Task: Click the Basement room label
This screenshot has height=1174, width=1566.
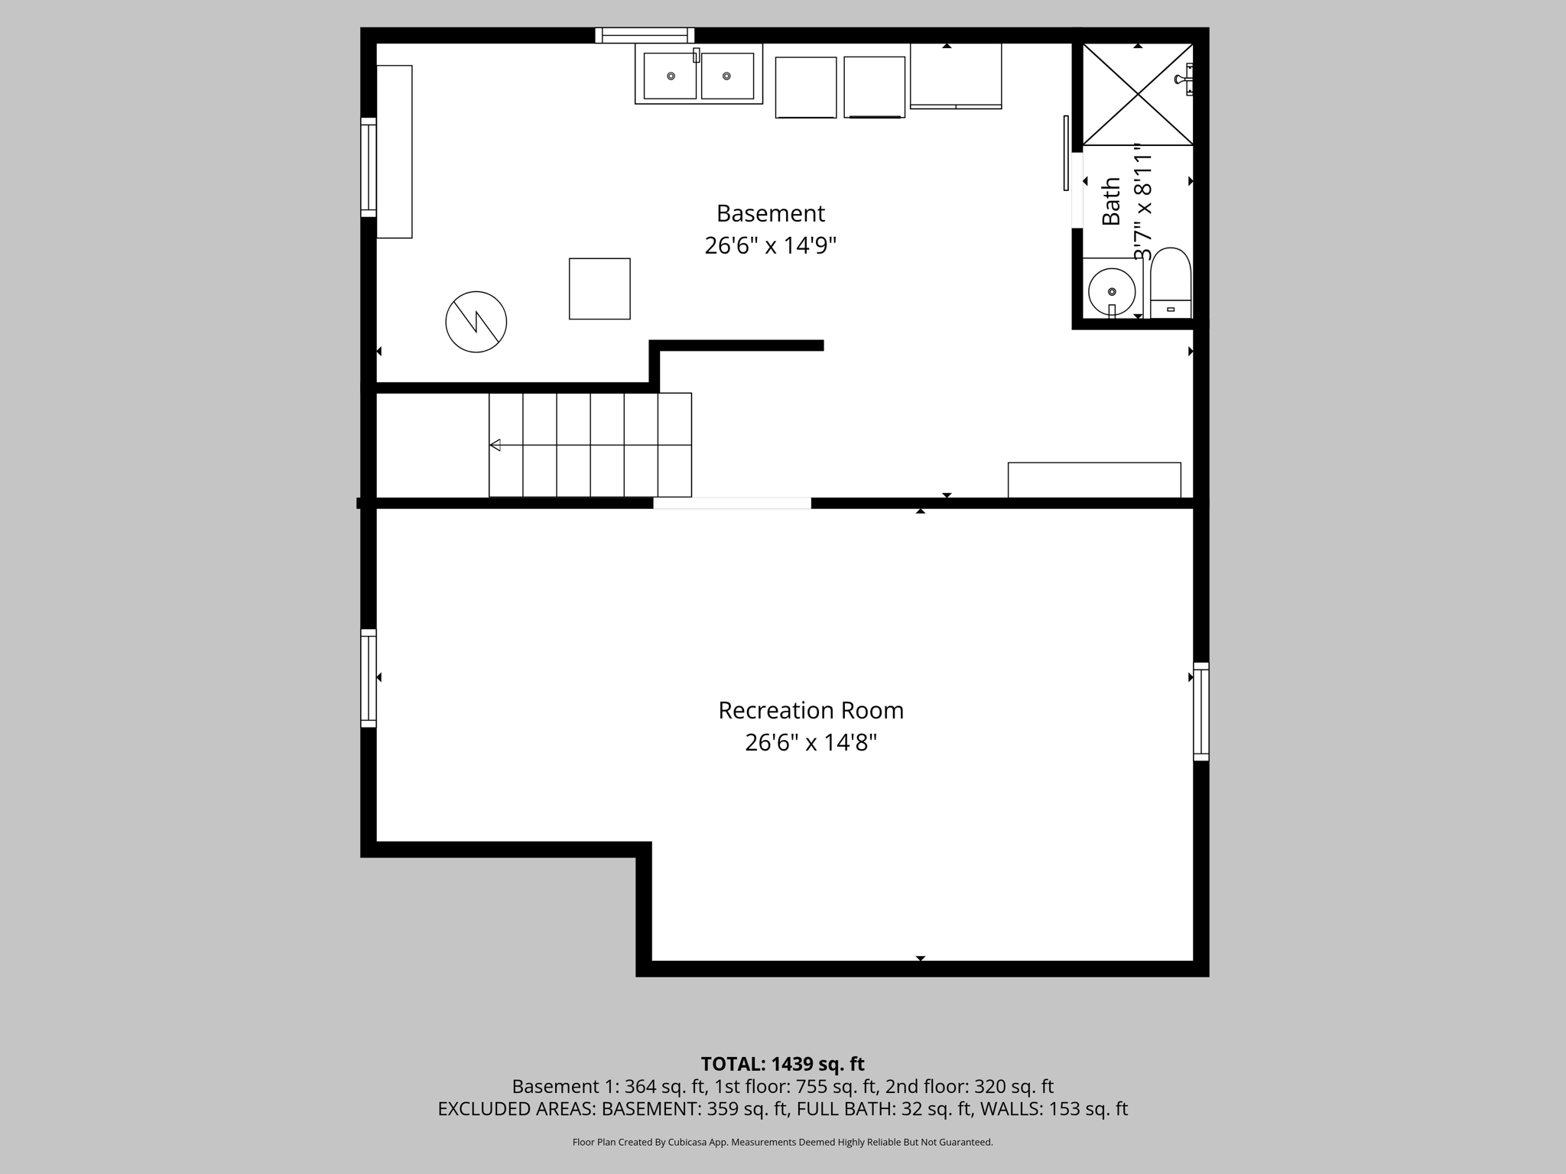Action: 770,213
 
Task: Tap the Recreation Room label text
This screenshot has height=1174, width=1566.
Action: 811,711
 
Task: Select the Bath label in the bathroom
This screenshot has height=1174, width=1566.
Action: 1111,201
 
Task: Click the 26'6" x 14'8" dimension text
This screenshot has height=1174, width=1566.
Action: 811,743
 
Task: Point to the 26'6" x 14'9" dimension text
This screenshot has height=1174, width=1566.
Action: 770,246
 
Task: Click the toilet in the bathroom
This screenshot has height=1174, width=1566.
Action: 1171,283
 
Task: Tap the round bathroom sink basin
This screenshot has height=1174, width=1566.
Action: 1111,292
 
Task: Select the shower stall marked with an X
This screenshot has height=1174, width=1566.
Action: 1138,94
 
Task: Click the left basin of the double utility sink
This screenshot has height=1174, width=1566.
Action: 670,76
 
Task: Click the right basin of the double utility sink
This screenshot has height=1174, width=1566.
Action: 727,76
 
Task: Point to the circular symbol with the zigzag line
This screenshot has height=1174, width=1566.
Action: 476,322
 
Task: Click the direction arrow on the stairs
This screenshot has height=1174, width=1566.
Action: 495,445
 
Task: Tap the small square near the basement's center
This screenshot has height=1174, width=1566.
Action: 599,289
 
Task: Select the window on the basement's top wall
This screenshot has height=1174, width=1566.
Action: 645,35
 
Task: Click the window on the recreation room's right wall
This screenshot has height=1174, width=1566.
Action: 1201,712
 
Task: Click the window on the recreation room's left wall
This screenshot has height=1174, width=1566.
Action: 369,678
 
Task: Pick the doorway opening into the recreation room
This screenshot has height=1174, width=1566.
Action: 732,503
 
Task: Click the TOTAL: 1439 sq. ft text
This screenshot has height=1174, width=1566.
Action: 782,1064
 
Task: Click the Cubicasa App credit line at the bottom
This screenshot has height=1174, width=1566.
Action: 782,1143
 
